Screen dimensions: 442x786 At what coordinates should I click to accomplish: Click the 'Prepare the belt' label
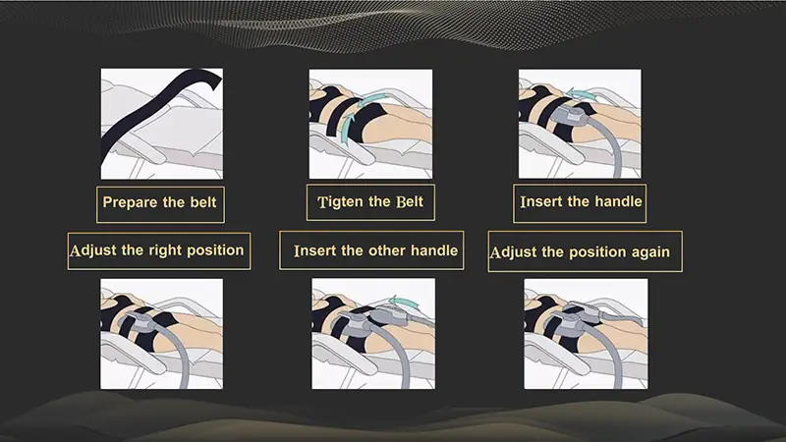click(159, 203)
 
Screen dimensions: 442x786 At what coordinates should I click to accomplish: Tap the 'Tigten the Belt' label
click(370, 203)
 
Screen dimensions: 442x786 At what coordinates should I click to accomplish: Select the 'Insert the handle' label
click(581, 202)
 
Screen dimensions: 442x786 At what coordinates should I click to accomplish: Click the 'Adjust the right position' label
click(156, 249)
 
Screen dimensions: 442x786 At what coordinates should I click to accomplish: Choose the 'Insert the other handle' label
click(375, 250)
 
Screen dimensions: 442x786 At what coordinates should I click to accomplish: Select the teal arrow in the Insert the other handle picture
click(397, 302)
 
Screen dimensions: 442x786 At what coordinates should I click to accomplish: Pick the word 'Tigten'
click(341, 203)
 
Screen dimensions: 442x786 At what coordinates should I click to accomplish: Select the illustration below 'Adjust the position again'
click(585, 333)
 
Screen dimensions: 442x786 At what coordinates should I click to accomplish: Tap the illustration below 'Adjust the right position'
click(161, 333)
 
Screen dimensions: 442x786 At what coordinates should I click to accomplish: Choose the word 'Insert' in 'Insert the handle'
click(541, 202)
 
